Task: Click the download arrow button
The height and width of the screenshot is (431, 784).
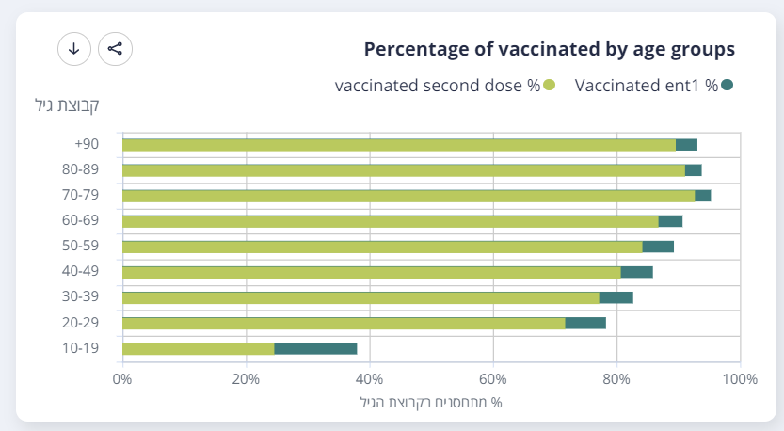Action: (74, 49)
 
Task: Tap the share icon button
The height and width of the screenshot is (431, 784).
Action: (115, 49)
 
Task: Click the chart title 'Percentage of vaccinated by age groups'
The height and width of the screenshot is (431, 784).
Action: (549, 49)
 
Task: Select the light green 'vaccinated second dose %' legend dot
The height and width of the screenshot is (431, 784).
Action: (550, 86)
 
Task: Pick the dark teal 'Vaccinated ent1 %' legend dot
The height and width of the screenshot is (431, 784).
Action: (727, 86)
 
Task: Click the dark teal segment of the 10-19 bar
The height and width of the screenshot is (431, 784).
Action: (315, 348)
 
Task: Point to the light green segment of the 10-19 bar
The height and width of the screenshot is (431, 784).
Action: (198, 348)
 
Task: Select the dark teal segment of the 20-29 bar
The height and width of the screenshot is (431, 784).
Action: (585, 323)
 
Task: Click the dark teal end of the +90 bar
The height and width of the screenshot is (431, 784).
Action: (686, 145)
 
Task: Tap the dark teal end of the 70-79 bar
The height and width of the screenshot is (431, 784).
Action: (702, 196)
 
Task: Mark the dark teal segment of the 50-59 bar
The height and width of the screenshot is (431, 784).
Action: (658, 247)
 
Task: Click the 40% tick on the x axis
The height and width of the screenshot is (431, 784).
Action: (369, 379)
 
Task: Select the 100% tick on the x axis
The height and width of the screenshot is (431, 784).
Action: (739, 379)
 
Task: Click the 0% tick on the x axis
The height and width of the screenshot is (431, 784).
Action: (122, 379)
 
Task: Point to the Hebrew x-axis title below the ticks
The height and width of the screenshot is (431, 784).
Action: (431, 402)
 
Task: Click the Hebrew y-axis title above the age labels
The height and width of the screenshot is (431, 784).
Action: (67, 104)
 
